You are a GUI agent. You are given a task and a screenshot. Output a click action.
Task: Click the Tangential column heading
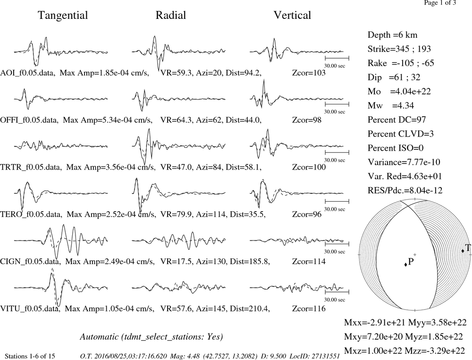(x=63, y=15)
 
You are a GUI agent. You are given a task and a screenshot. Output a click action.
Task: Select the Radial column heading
(x=171, y=15)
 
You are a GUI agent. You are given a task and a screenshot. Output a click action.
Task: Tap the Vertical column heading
(x=292, y=15)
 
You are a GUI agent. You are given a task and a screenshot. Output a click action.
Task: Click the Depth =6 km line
(x=392, y=35)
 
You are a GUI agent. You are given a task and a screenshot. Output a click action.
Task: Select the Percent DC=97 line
(x=396, y=120)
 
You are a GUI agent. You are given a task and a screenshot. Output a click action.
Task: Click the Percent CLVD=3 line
(x=400, y=134)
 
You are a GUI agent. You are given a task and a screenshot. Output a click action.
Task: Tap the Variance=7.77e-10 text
(x=404, y=162)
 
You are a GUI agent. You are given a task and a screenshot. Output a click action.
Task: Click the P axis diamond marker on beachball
(x=406, y=264)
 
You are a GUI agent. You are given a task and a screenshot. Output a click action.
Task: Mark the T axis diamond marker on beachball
(x=463, y=251)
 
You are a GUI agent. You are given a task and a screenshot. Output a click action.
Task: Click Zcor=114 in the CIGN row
(x=309, y=261)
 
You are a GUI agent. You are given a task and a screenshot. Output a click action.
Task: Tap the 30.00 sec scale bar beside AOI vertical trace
(x=337, y=58)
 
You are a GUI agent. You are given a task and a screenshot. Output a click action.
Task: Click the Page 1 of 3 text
(x=440, y=3)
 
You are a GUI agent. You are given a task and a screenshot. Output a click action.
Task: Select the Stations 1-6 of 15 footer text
(x=30, y=356)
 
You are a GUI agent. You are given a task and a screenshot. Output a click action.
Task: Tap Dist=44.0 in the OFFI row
(x=244, y=120)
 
